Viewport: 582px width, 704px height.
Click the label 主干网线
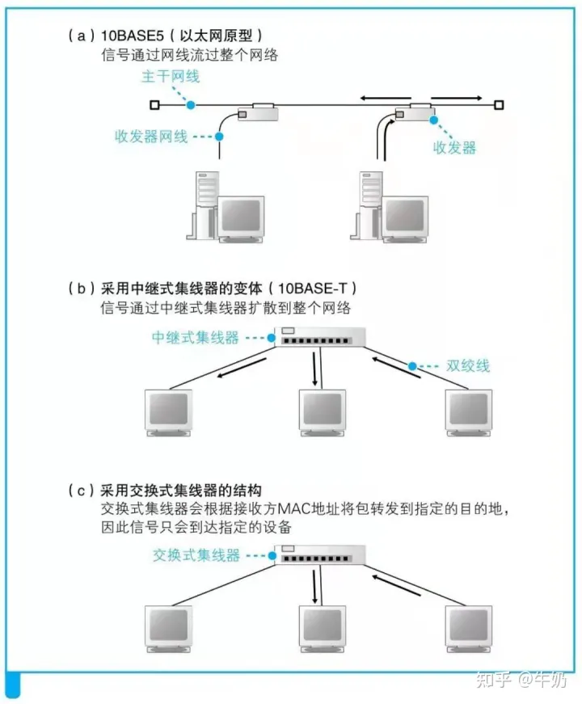171,76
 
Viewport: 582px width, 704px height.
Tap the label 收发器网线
151,136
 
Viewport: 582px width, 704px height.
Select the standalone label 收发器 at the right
454,147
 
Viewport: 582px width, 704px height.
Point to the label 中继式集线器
196,337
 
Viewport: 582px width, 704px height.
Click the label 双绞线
467,365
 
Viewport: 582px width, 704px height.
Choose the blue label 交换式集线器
196,555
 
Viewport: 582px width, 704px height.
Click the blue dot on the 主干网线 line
191,105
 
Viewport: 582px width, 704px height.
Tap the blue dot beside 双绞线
412,366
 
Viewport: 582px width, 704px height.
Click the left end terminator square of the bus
154,105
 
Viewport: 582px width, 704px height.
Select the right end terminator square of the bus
499,105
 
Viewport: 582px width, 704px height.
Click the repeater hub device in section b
320,337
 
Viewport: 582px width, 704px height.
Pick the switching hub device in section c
320,555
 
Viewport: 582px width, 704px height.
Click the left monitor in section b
168,412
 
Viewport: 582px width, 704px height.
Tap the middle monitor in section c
323,629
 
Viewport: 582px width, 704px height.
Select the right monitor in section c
468,629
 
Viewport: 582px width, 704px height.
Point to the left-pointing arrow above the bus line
386,98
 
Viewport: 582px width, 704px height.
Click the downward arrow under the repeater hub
314,369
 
